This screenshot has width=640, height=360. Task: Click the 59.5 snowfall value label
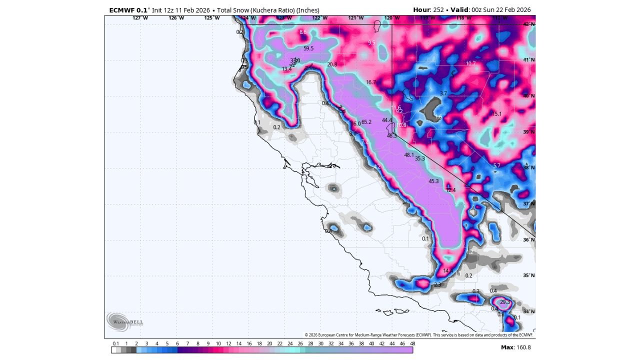coord(308,48)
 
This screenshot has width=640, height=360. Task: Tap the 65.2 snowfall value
coord(366,122)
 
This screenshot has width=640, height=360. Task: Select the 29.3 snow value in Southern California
coord(505,302)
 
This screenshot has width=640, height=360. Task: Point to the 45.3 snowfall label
coord(433,181)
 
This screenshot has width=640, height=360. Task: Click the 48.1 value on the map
coord(409,155)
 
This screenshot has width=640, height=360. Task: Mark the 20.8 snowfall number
coord(332,64)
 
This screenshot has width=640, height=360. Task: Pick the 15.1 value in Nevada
coord(497,114)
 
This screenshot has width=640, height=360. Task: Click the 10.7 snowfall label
coord(470,63)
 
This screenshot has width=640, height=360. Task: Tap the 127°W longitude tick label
coord(140,18)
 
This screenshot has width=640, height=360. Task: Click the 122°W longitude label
coord(320,18)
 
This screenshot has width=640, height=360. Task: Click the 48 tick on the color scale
coord(412,343)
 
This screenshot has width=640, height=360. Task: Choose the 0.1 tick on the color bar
coord(116,343)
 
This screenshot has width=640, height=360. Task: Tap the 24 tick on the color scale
coord(290,343)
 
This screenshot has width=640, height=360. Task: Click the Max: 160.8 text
coord(515,347)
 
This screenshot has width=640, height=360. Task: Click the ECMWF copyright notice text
coord(419,335)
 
